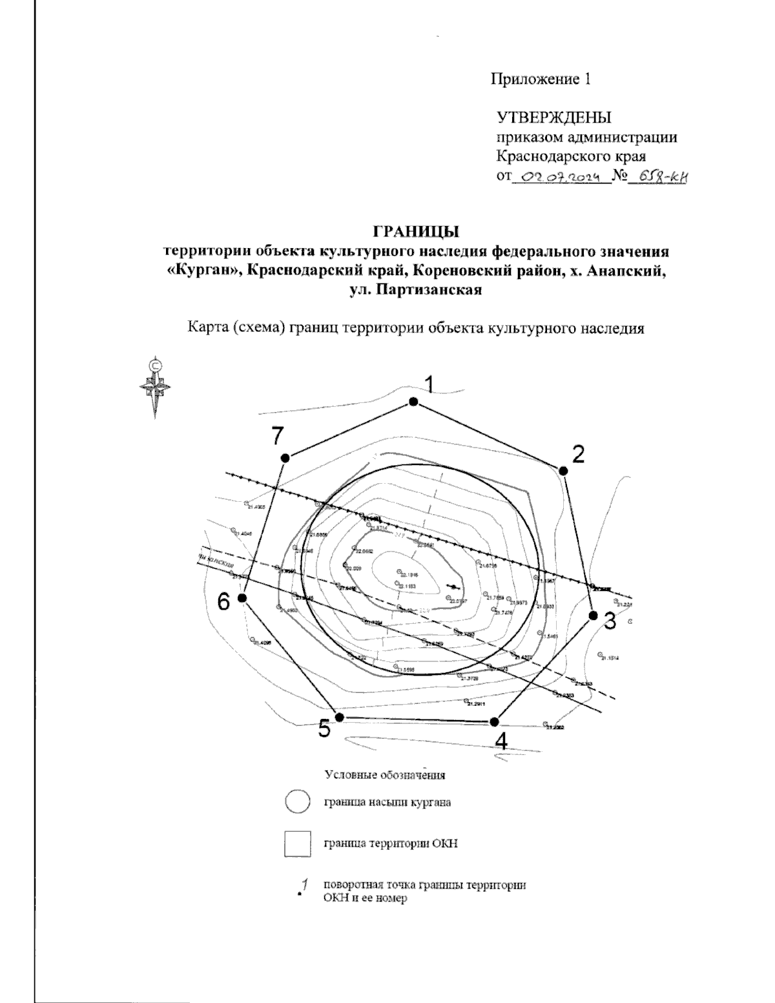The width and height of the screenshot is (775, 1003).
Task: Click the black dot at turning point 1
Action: (x=414, y=402)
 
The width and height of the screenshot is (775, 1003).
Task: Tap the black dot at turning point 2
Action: (x=563, y=471)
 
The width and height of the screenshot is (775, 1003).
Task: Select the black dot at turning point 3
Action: (x=594, y=615)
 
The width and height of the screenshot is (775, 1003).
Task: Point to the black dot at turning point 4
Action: (x=495, y=721)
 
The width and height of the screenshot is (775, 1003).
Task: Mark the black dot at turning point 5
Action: (x=340, y=718)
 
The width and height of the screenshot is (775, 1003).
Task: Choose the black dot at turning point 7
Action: (x=285, y=458)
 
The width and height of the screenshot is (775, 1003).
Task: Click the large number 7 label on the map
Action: (x=278, y=437)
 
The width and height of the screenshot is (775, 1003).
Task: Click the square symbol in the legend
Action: (x=298, y=843)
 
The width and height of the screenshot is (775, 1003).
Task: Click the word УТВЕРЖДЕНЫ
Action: (x=553, y=118)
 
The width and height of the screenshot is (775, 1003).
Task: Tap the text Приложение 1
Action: (x=541, y=79)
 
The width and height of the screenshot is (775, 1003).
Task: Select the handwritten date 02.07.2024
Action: (x=561, y=176)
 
